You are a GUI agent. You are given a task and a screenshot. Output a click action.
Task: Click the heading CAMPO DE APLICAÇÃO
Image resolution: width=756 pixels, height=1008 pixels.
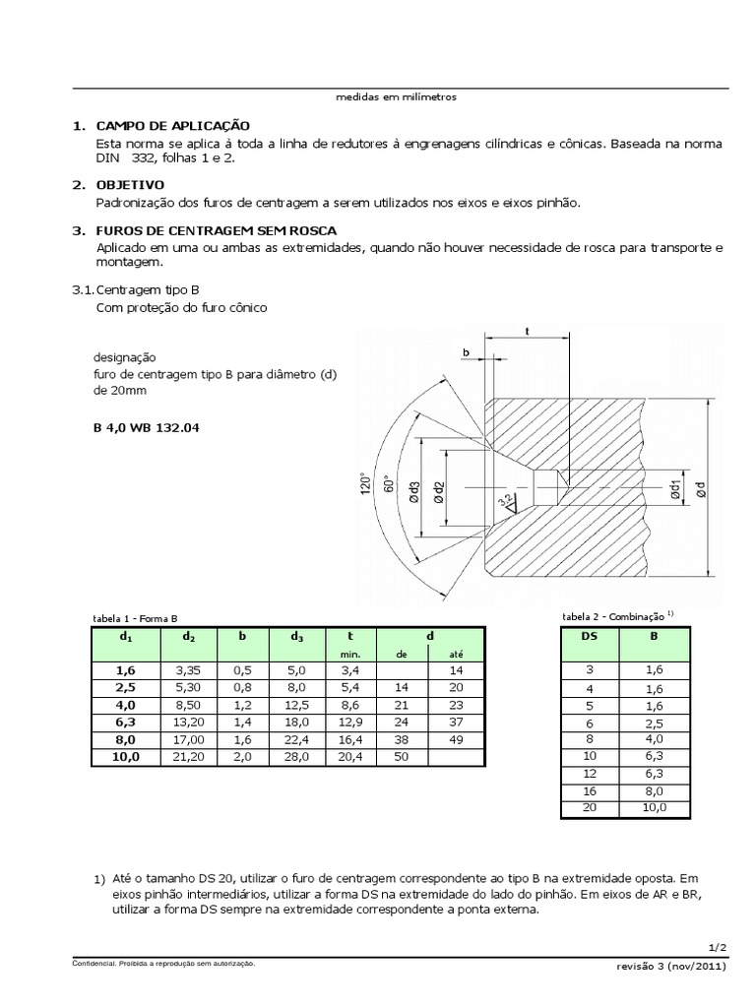tap(172, 126)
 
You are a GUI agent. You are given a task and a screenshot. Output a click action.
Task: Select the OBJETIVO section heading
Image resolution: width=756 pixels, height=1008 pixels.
tap(130, 185)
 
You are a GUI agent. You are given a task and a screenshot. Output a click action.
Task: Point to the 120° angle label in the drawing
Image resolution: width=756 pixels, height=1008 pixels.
tap(363, 485)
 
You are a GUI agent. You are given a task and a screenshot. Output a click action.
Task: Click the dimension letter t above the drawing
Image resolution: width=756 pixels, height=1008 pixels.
tap(528, 333)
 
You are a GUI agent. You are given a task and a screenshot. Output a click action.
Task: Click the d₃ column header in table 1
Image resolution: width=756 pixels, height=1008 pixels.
tap(297, 637)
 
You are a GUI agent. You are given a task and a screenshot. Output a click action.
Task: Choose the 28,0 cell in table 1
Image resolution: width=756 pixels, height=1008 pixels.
tap(297, 757)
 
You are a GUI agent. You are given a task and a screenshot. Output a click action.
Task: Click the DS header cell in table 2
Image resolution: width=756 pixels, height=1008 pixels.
tap(590, 637)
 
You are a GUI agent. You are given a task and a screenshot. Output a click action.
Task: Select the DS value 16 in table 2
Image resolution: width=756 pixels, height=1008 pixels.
tap(590, 790)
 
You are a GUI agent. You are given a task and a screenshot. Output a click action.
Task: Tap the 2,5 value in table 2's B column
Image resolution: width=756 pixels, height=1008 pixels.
tap(655, 722)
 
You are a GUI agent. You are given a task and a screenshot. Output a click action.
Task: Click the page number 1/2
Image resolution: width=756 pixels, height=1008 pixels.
tap(719, 947)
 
